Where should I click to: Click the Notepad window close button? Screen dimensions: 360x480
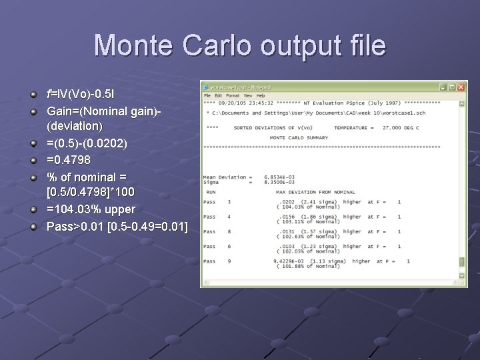coord(461,87)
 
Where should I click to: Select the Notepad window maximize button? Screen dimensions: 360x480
coord(452,87)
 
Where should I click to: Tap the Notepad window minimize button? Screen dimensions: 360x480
coord(443,87)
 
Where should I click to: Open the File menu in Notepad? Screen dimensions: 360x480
coord(207,95)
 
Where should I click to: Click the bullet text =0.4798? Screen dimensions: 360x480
coord(69,160)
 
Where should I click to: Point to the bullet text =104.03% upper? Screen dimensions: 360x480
coord(91,209)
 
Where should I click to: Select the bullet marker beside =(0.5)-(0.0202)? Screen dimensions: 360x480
coord(33,143)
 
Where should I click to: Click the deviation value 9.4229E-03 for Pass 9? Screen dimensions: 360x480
coord(289,261)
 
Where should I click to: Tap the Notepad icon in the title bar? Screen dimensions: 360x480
coord(206,87)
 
